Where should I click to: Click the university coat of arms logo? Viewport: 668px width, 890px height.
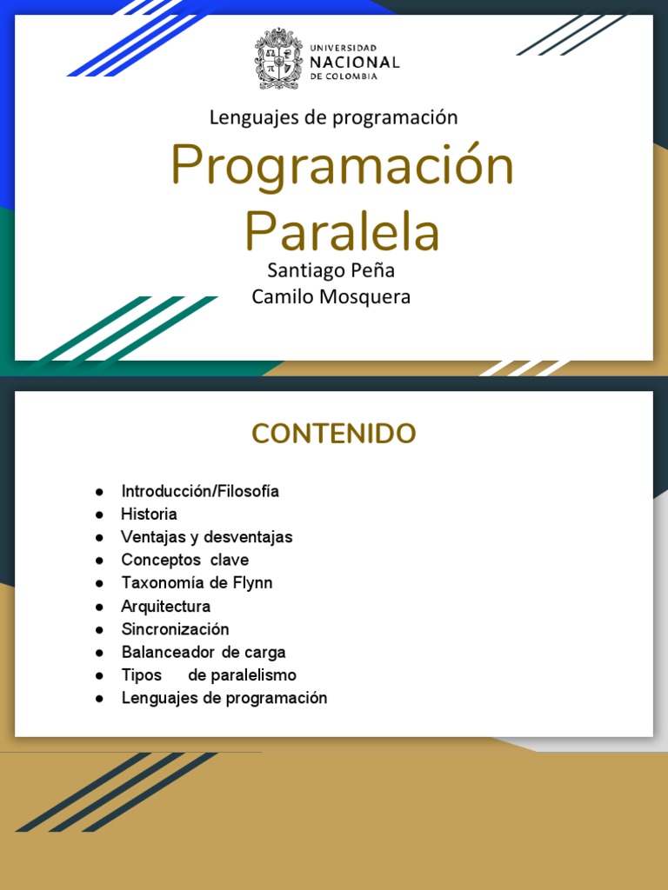[x=278, y=58]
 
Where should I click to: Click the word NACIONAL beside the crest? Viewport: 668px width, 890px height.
[x=355, y=63]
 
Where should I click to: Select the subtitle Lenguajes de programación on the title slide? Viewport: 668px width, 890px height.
[x=333, y=116]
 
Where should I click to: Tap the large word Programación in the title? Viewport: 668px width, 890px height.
[x=342, y=165]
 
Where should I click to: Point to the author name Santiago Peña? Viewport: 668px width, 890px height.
[x=331, y=271]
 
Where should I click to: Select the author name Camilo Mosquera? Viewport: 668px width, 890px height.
[x=331, y=297]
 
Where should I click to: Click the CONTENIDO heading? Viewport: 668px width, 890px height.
[x=334, y=433]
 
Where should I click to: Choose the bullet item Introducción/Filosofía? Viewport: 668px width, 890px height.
[x=200, y=491]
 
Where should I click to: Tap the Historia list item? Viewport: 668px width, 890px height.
[x=149, y=514]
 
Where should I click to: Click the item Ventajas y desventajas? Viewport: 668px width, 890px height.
[x=206, y=537]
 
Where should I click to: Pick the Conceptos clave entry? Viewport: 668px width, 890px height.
[x=184, y=560]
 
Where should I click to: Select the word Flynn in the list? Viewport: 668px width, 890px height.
[x=252, y=583]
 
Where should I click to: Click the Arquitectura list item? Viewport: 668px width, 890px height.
[x=165, y=606]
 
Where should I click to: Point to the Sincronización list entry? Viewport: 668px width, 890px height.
[x=175, y=629]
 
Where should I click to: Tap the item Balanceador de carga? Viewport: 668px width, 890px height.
[x=203, y=652]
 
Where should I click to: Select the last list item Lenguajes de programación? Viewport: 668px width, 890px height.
[x=224, y=698]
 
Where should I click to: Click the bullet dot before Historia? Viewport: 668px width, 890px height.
[x=100, y=515]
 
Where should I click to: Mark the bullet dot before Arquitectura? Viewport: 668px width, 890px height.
[x=100, y=607]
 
